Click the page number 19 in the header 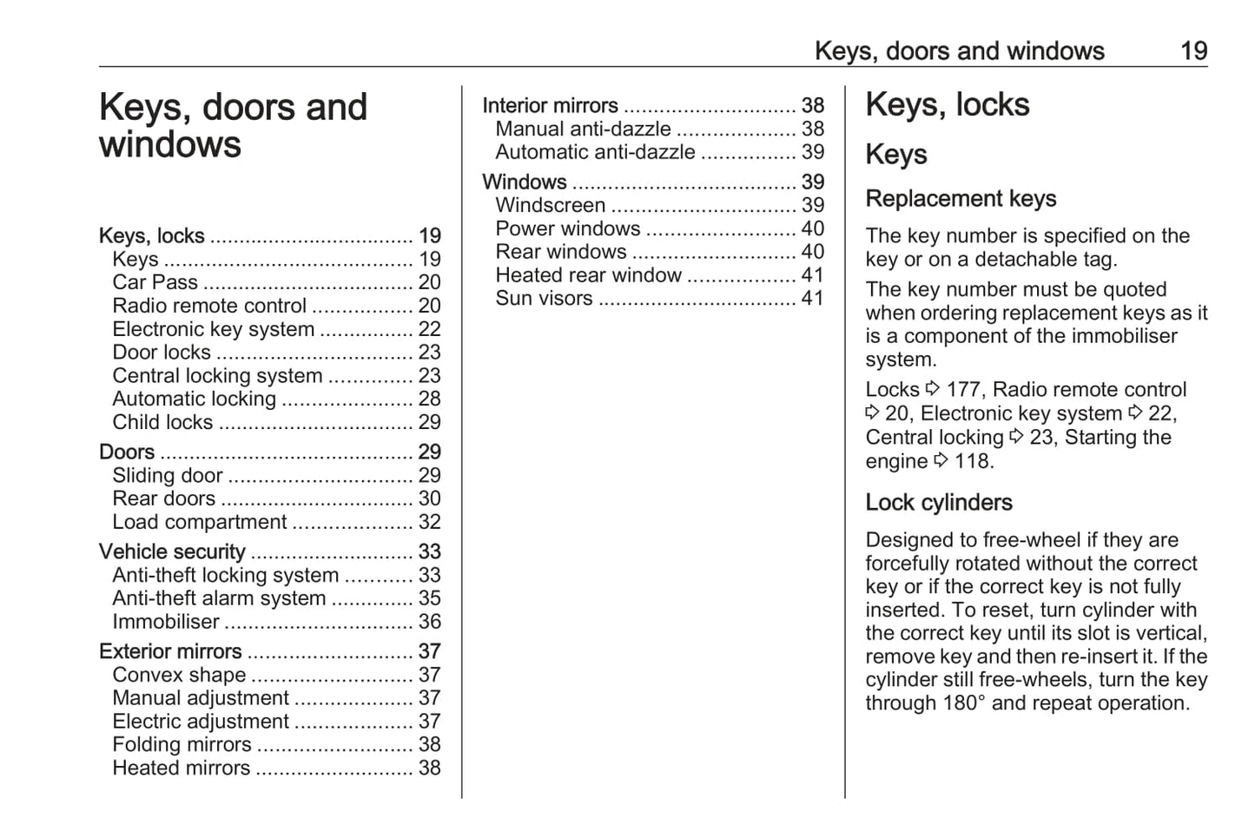tap(1193, 50)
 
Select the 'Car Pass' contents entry tap(155, 282)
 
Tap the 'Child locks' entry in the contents tap(162, 422)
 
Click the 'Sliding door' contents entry tap(168, 475)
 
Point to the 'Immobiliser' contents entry tap(166, 622)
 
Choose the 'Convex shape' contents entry tap(179, 675)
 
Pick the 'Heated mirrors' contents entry tap(182, 768)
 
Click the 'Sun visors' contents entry tap(545, 298)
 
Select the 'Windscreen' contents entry tap(551, 205)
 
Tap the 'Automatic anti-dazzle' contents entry tap(596, 152)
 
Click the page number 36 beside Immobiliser tap(430, 622)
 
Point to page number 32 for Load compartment tap(430, 522)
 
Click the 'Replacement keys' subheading tap(961, 199)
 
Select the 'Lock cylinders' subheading tap(939, 503)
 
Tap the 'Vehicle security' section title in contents tap(172, 551)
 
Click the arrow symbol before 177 tap(933, 388)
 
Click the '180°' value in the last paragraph tap(964, 703)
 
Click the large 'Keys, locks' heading tap(947, 105)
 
